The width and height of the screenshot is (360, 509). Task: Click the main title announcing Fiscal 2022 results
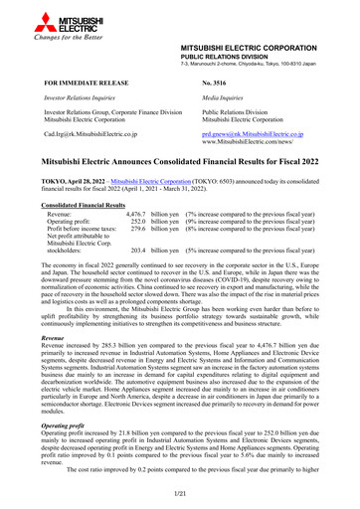point(180,159)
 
